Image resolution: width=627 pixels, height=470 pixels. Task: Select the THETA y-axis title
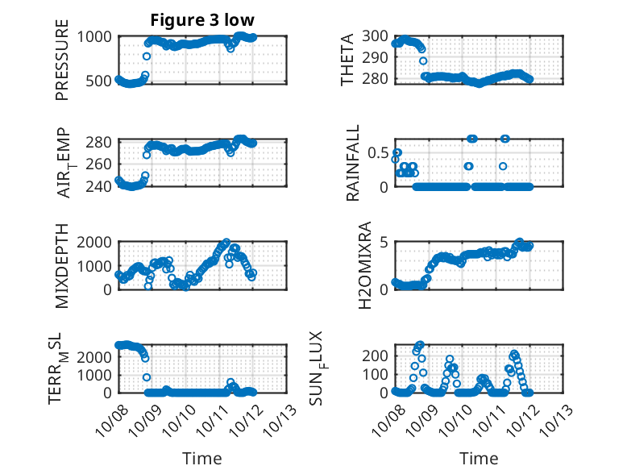click(347, 58)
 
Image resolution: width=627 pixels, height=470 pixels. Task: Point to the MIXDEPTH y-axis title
click(62, 266)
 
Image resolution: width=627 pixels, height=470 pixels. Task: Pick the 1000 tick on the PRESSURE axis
click(98, 36)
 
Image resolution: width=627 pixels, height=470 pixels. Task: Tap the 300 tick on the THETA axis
click(377, 36)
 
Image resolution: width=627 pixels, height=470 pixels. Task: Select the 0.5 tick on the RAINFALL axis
click(379, 152)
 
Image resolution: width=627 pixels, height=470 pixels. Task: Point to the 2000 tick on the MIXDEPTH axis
click(98, 243)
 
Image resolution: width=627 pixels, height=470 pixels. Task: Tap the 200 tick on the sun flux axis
click(377, 356)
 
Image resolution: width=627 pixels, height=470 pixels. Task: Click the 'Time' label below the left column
click(201, 459)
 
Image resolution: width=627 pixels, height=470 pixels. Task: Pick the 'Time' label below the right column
click(479, 459)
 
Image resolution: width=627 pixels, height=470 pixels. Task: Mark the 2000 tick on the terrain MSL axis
click(98, 356)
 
